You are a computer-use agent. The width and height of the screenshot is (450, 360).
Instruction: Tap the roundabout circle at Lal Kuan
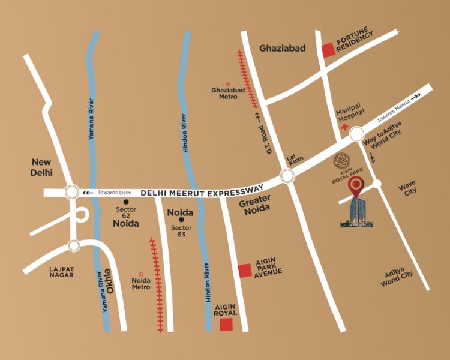(287, 176)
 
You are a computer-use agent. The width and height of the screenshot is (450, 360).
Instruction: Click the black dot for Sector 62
(127, 202)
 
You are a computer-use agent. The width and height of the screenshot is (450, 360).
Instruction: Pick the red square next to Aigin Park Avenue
(245, 271)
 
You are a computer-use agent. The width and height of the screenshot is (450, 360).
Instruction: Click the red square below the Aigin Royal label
(226, 325)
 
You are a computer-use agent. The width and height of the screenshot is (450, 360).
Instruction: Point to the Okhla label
(109, 281)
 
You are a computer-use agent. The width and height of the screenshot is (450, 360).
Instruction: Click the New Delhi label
(43, 167)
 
